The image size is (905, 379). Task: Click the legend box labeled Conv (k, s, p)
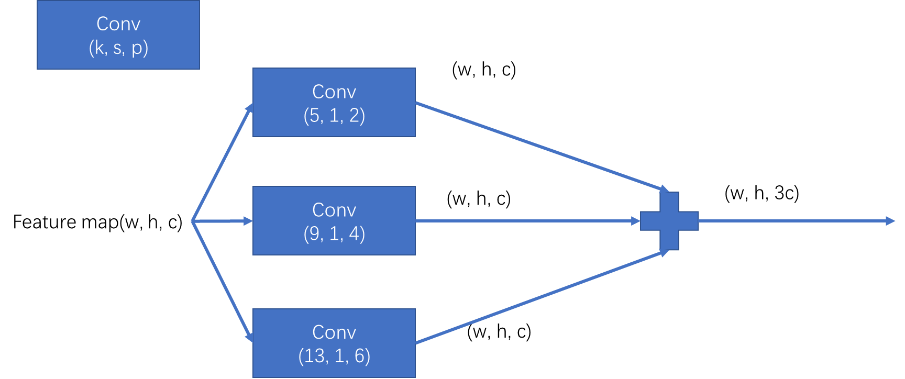[118, 35]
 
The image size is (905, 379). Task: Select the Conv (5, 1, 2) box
[334, 103]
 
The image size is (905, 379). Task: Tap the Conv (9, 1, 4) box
[334, 221]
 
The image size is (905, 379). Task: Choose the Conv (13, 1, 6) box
[334, 343]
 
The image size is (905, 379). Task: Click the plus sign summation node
[669, 221]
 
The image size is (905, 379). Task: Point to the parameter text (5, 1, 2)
[334, 116]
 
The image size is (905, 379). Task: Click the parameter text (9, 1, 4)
[334, 234]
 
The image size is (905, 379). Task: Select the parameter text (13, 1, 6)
[334, 356]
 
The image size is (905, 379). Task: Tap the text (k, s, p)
[118, 48]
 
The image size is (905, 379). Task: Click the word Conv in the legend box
[118, 24]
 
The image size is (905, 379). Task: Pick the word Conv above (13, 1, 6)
[334, 332]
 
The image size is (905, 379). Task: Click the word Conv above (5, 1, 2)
[334, 92]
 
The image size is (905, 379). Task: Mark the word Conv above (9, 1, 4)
[334, 210]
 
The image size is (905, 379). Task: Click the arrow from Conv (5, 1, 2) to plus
[539, 146]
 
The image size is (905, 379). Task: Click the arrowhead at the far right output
[890, 221]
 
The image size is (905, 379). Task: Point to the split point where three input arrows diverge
[193, 221]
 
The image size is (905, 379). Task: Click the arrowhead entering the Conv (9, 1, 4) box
[248, 221]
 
